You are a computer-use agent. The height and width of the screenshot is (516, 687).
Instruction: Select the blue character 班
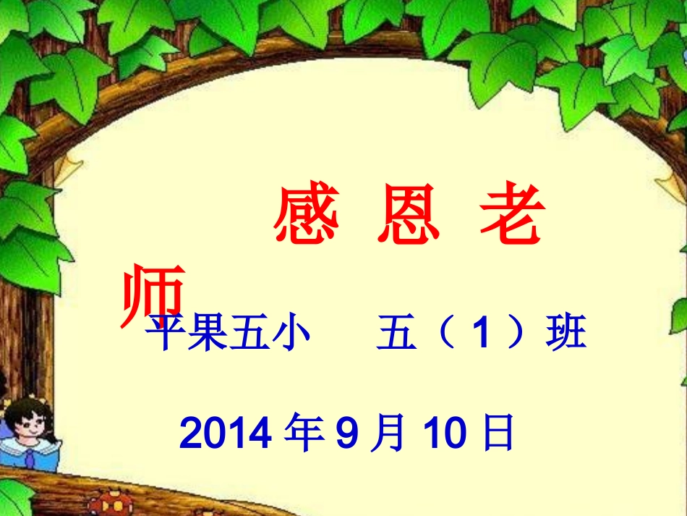566,336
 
